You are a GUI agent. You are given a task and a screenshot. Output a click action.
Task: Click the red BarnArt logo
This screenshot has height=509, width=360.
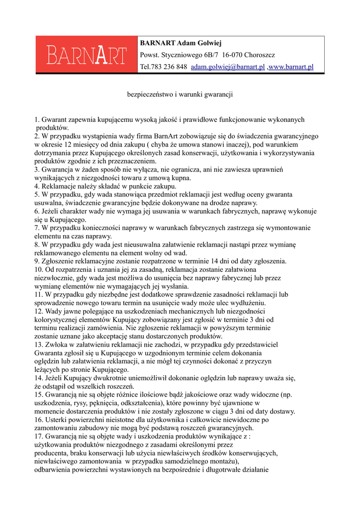[x=86, y=55]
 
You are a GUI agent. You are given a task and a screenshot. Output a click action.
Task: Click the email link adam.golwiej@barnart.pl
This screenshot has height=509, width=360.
[x=228, y=67]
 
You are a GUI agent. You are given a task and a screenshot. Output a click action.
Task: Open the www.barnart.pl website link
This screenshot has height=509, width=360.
[x=291, y=67]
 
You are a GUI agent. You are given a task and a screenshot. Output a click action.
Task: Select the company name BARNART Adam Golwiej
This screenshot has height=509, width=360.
[x=180, y=43]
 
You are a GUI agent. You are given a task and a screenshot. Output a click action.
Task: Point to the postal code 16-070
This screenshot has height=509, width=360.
[x=233, y=55]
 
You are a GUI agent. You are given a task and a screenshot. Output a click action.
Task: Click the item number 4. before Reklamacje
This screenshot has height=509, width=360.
[x=37, y=186]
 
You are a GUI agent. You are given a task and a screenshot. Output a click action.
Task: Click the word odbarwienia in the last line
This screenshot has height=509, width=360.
[x=54, y=470]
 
